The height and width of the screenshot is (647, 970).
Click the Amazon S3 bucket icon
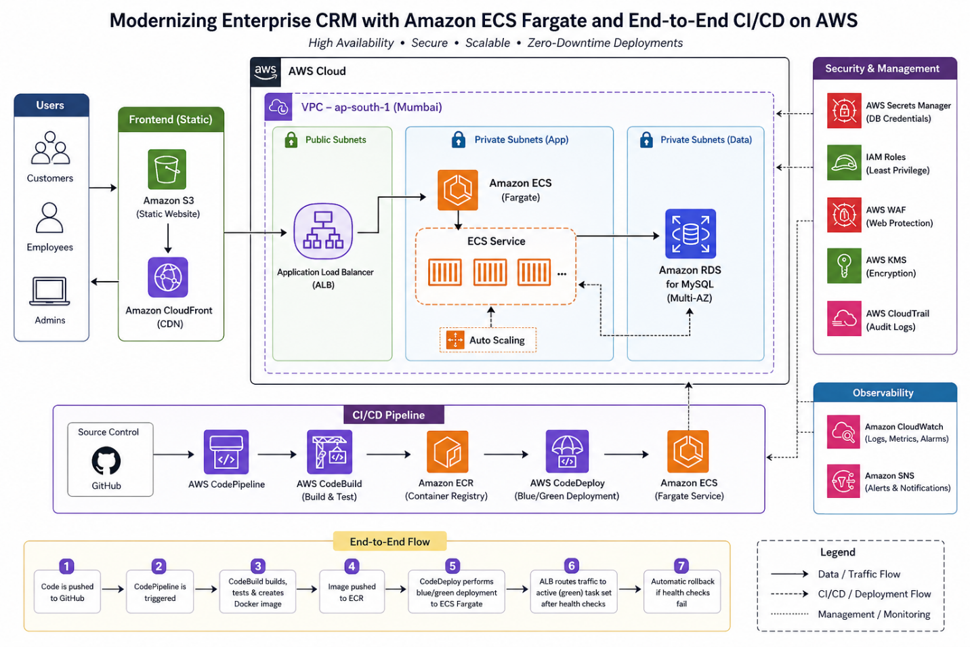pos(167,169)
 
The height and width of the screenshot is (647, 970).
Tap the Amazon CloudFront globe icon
pos(168,277)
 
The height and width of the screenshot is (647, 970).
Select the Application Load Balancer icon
pos(323,232)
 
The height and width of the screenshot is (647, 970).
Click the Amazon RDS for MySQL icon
pos(690,234)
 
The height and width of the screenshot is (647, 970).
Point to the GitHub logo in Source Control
pos(106,461)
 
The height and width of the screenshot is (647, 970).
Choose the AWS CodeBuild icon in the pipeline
pos(329,452)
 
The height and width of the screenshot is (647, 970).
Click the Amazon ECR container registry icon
pos(447,452)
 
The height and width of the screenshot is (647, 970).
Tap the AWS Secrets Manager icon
pos(844,110)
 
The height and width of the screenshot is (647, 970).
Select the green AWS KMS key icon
pos(844,266)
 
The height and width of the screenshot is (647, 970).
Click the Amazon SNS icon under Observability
pos(844,482)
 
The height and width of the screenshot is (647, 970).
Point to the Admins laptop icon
pos(49,291)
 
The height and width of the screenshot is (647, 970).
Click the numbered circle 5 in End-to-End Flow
pos(452,566)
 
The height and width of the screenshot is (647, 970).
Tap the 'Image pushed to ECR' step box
pos(352,592)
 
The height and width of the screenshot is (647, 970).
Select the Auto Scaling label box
pos(488,340)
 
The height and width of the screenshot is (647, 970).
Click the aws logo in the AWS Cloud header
pos(266,71)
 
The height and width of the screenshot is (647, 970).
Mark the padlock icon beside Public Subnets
pos(291,140)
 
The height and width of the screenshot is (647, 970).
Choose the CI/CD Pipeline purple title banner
pos(389,415)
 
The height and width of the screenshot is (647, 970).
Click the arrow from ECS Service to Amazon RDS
pos(617,236)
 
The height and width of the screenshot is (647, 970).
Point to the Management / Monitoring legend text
pos(874,614)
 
